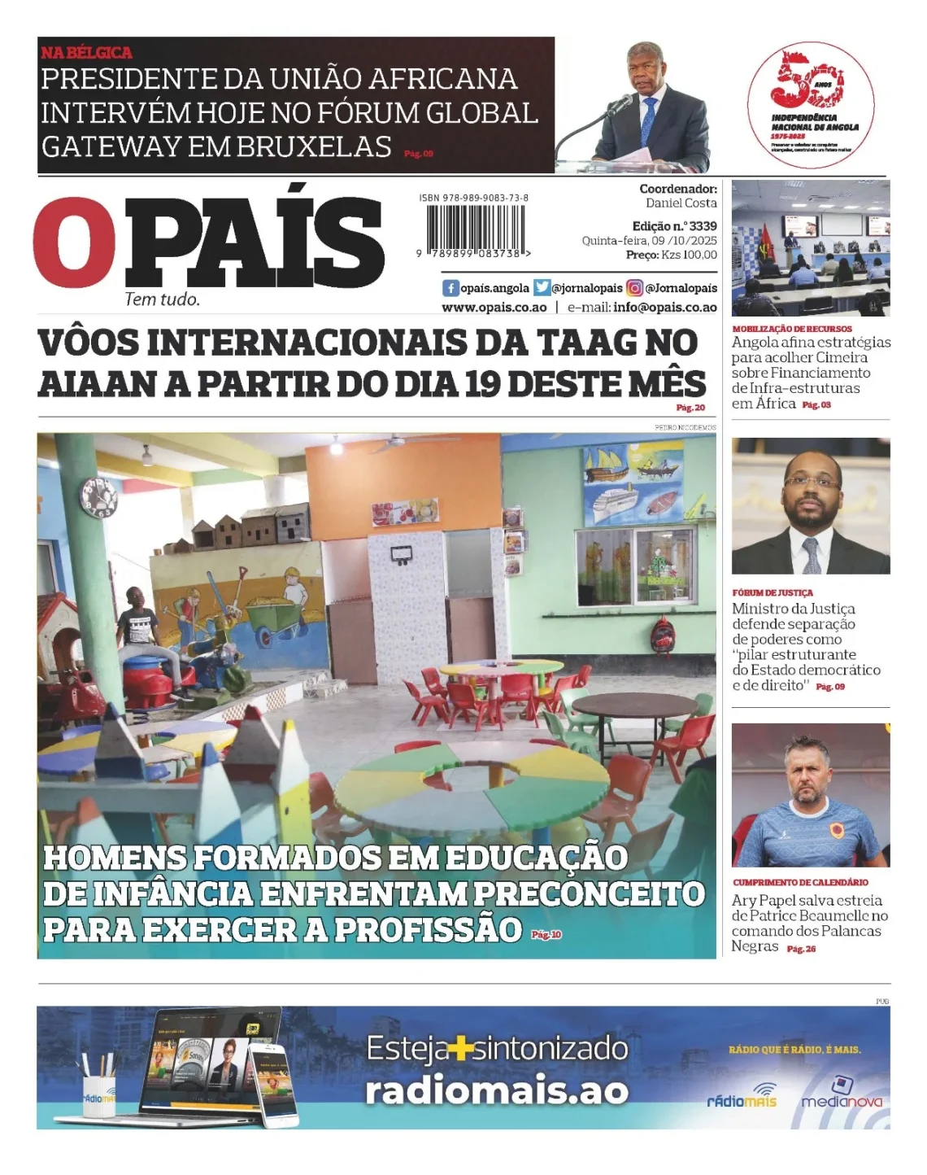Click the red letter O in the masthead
point(75,242)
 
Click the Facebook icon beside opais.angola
point(450,288)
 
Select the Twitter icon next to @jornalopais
point(542,288)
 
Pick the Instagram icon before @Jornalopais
point(634,288)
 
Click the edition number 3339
point(703,226)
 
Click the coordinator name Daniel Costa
point(681,203)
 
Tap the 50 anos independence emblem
point(811,102)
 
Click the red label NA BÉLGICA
point(86,53)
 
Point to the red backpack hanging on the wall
point(663,635)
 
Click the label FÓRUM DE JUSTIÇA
point(772,593)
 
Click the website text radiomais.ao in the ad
point(496,1091)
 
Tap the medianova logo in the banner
point(841,1095)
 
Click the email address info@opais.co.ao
point(664,308)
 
